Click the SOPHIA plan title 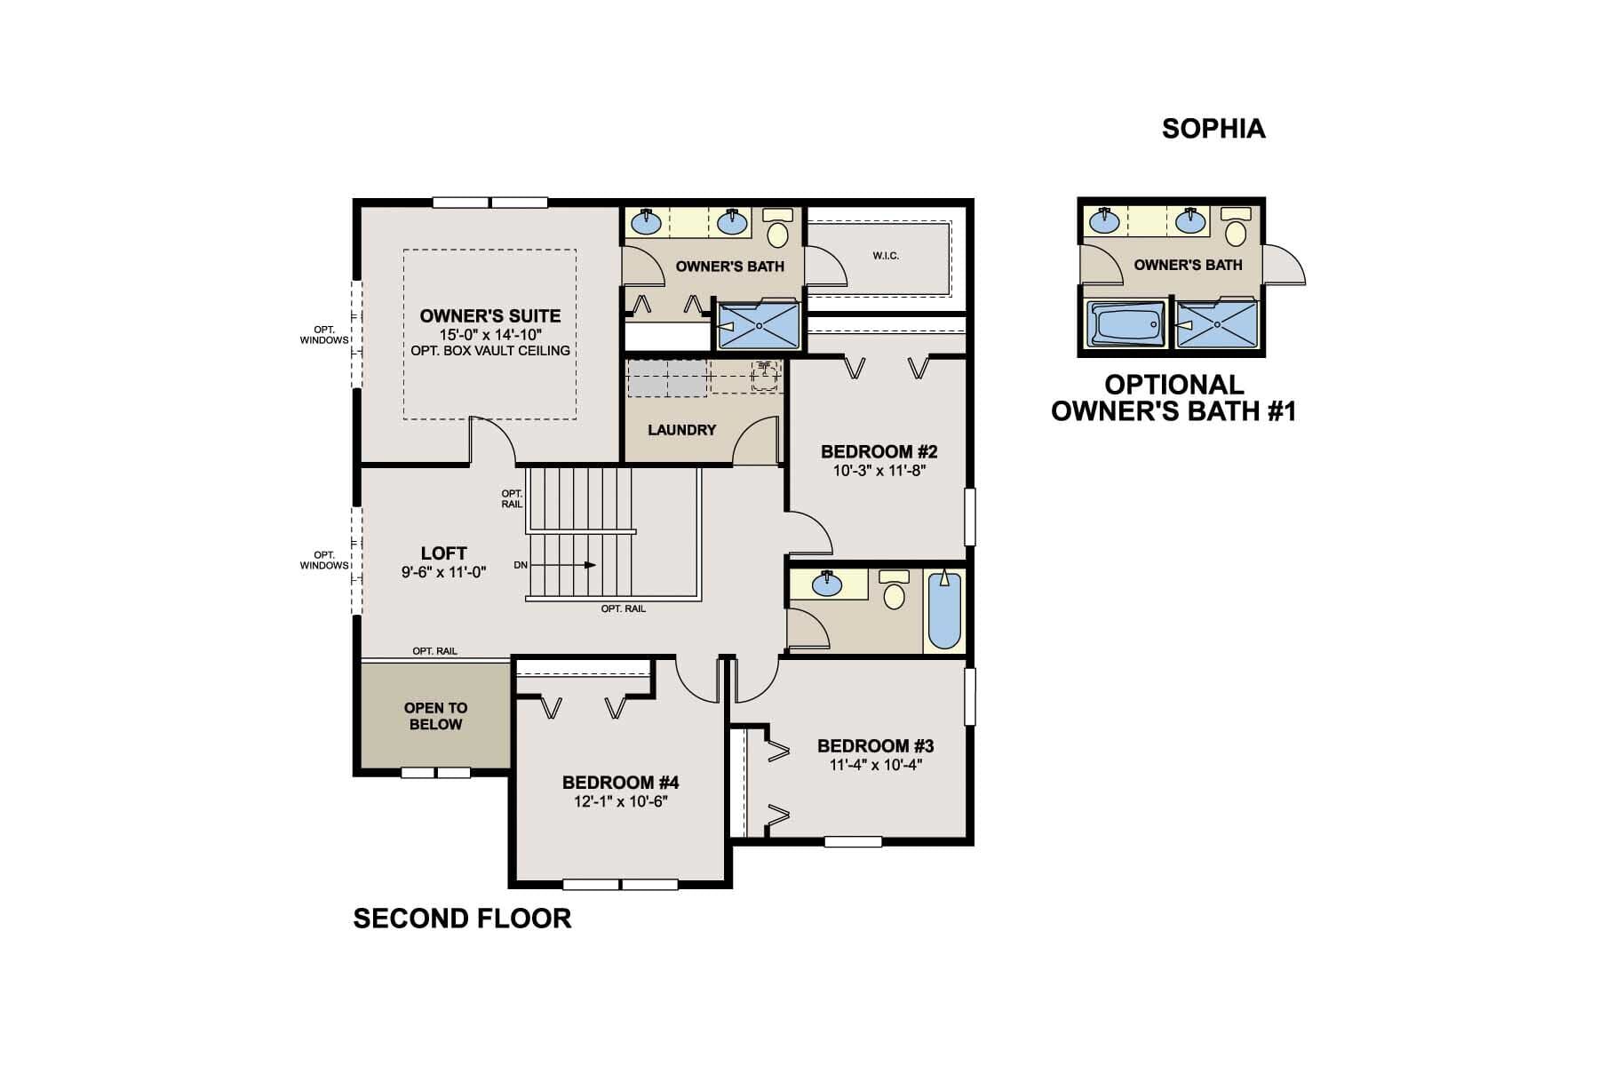1213,129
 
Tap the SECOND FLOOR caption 462,918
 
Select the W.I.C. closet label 886,256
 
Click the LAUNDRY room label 681,430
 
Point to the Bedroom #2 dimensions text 879,471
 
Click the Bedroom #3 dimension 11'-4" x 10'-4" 875,765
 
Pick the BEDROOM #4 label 620,783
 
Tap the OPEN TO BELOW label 435,716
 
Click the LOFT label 443,553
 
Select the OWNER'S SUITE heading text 490,316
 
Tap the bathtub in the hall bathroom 944,612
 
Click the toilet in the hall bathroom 894,591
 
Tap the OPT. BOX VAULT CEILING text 490,351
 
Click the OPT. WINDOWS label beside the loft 324,561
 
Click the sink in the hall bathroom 828,583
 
